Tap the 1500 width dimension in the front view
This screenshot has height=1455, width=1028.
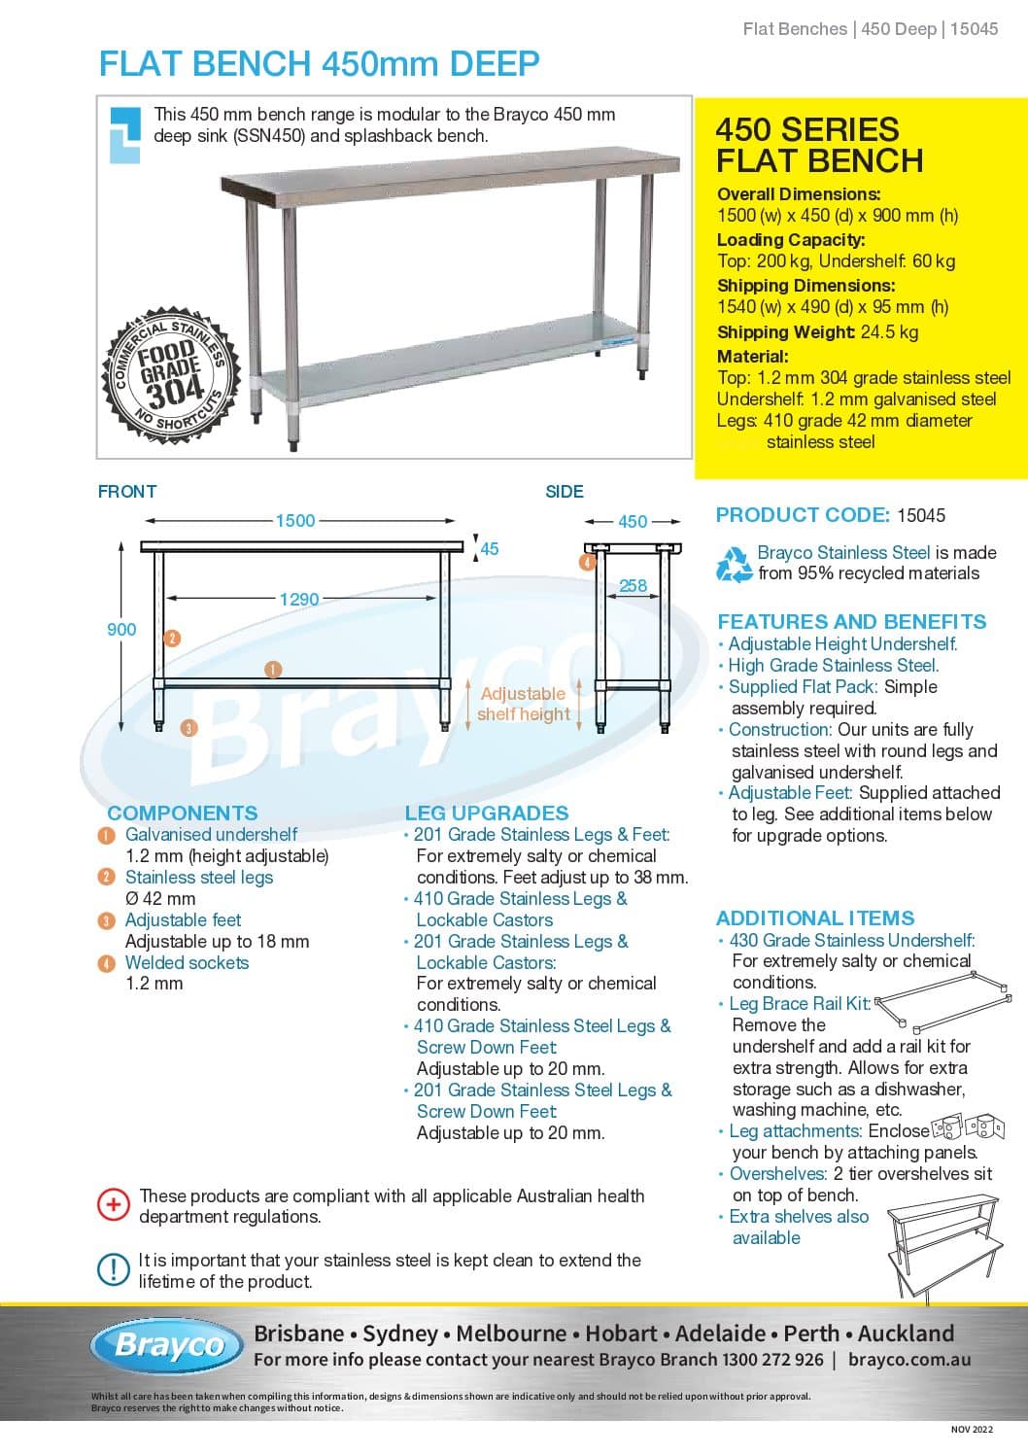pyautogui.click(x=295, y=520)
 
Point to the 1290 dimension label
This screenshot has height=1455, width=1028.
pyautogui.click(x=299, y=599)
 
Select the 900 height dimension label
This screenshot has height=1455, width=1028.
pyautogui.click(x=121, y=629)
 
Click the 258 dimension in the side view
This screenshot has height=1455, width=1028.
pyautogui.click(x=633, y=585)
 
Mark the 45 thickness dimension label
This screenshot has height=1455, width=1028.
pyautogui.click(x=490, y=549)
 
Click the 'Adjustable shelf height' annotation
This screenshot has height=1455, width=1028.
pyautogui.click(x=524, y=704)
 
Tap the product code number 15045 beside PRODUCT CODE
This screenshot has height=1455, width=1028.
pyautogui.click(x=920, y=515)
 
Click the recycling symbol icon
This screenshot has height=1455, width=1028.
pyautogui.click(x=734, y=564)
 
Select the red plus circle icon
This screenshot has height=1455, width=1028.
pyautogui.click(x=114, y=1205)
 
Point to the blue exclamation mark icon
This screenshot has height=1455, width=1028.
pyautogui.click(x=114, y=1269)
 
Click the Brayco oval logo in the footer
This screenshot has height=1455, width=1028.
pyautogui.click(x=169, y=1345)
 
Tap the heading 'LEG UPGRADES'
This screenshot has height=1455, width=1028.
pyautogui.click(x=486, y=813)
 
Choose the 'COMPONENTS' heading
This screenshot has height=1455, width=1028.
pyautogui.click(x=183, y=813)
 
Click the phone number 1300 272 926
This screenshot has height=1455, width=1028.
pyautogui.click(x=772, y=1360)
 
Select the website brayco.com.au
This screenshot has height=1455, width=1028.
pyautogui.click(x=908, y=1360)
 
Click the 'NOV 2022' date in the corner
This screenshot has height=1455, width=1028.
pyautogui.click(x=972, y=1429)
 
